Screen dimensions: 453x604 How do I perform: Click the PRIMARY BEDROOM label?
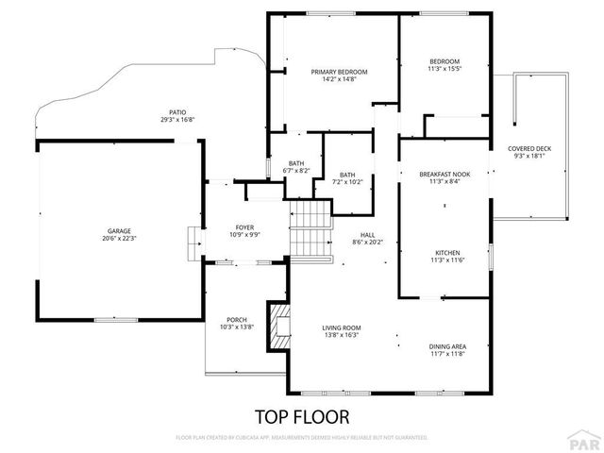click(339, 72)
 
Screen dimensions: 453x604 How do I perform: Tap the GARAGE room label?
click(118, 230)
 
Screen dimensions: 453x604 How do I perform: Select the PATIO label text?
click(176, 111)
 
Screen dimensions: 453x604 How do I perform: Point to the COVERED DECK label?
click(528, 148)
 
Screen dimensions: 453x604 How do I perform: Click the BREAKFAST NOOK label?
click(444, 175)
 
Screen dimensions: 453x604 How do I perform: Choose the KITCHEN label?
click(446, 252)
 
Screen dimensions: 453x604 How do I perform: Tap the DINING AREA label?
click(446, 347)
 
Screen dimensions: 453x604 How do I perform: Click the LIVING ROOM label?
click(342, 327)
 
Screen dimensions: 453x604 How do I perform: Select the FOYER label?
click(244, 227)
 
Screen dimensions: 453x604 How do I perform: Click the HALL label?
click(366, 235)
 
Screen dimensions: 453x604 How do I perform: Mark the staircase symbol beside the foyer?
click(310, 231)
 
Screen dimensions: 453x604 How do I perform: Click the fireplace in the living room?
click(280, 322)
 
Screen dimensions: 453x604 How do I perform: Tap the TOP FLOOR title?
click(302, 415)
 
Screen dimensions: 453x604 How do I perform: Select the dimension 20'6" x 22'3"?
click(118, 238)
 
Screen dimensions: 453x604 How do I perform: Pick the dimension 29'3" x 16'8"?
click(176, 120)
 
